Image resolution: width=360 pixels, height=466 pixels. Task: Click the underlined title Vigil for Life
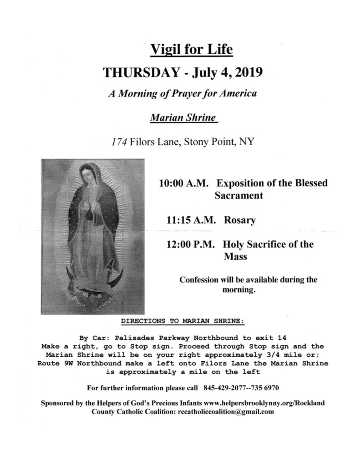[x=192, y=48]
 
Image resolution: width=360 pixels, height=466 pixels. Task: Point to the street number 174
[x=119, y=142]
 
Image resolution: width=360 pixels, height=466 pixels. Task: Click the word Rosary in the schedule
[x=240, y=220]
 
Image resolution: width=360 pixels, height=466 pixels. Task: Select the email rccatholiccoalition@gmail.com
[x=224, y=412]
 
